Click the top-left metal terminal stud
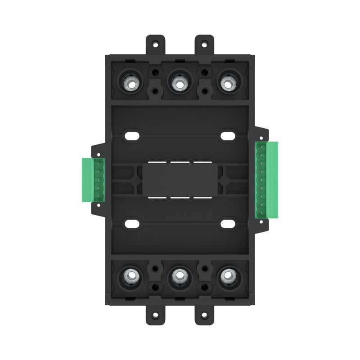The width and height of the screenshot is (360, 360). tap(130, 83)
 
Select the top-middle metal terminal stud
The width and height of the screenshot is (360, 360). tap(180, 83)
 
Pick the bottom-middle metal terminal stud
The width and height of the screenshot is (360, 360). tap(180, 275)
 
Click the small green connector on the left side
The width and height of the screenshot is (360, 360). tap(93, 180)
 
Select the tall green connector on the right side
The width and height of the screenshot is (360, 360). tap(266, 180)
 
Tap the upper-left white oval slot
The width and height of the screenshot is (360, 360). tap(132, 135)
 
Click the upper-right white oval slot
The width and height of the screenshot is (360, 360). tap(227, 135)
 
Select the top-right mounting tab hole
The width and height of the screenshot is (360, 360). tap(204, 45)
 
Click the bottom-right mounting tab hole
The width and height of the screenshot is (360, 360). tap(204, 314)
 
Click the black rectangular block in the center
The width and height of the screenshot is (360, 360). tap(180, 179)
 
